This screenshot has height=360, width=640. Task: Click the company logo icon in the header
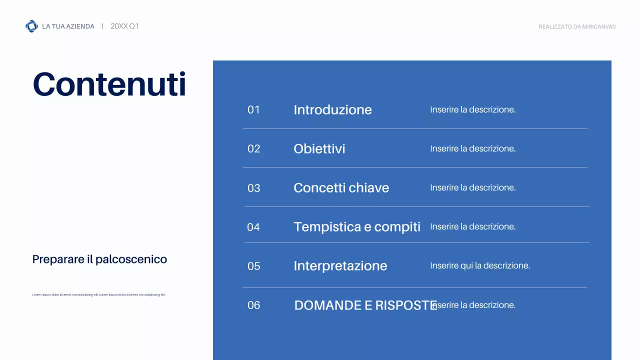click(31, 26)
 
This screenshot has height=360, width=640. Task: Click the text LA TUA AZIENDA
click(68, 26)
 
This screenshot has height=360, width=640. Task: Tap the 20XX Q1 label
click(124, 26)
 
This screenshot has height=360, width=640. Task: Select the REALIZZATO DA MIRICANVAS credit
click(577, 27)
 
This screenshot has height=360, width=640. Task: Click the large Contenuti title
click(109, 84)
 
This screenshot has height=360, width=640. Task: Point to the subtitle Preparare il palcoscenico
click(99, 259)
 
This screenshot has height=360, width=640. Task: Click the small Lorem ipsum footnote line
click(98, 295)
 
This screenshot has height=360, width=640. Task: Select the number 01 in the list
click(254, 110)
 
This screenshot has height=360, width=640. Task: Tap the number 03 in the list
click(254, 188)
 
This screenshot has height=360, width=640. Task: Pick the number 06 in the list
click(254, 305)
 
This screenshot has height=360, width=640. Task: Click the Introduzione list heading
click(332, 110)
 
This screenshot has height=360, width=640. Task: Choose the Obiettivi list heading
click(319, 149)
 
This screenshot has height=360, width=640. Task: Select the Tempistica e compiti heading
click(357, 227)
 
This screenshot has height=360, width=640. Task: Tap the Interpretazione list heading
click(340, 266)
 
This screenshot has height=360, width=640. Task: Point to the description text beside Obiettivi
click(472, 148)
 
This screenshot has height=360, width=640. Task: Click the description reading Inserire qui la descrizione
click(479, 265)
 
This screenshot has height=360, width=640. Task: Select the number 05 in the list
click(254, 266)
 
